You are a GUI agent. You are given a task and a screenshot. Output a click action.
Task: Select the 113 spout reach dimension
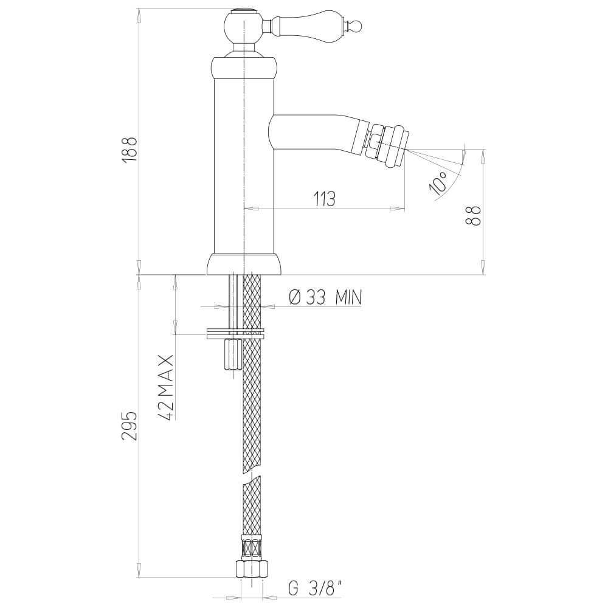pyautogui.click(x=325, y=199)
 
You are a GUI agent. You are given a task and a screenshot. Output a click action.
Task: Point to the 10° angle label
pyautogui.click(x=439, y=181)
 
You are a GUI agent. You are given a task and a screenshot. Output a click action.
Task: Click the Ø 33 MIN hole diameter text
pyautogui.click(x=325, y=297)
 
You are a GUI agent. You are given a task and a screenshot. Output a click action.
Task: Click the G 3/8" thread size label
pyautogui.click(x=316, y=588)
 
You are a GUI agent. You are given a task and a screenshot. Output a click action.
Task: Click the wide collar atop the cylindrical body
pyautogui.click(x=243, y=66)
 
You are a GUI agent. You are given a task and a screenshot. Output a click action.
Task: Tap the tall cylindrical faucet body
pyautogui.click(x=243, y=164)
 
